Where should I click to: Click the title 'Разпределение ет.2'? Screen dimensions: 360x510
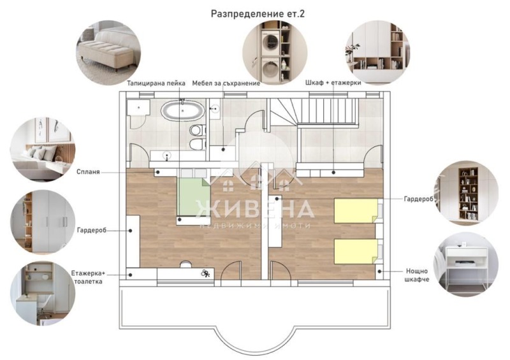258,13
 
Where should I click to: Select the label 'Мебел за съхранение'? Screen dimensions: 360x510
226,83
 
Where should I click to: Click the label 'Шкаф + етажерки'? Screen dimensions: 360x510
335,83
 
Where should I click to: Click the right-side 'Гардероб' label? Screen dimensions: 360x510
418,199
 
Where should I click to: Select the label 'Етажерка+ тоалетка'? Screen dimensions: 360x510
88,277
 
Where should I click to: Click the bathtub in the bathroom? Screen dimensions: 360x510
183,110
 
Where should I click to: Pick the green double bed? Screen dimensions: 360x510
193,198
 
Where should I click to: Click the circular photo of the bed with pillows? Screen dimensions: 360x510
42,148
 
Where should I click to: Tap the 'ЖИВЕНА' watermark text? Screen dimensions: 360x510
255,208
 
